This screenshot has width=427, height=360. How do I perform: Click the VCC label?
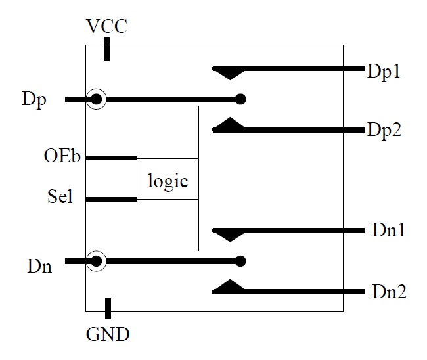coord(107,27)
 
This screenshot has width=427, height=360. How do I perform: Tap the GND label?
coord(108,334)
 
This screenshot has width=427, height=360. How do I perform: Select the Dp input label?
coord(33,101)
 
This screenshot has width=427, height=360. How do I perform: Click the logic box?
coord(168,179)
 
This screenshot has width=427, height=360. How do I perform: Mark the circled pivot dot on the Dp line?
coord(97,100)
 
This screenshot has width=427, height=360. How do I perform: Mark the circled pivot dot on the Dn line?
coord(97,261)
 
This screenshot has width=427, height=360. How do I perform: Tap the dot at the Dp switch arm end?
coord(240,100)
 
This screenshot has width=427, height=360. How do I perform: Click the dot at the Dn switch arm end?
coord(240,261)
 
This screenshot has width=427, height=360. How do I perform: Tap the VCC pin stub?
coord(108,51)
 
